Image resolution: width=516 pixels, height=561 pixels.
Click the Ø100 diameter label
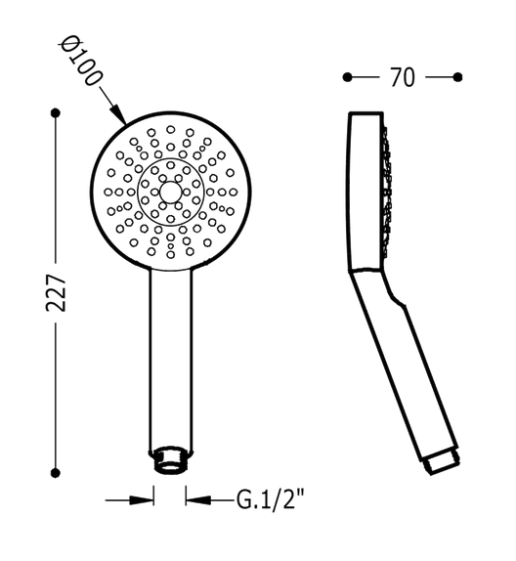[x=80, y=61]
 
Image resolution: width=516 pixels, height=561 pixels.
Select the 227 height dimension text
[x=56, y=292]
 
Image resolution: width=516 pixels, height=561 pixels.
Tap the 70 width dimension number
[x=403, y=77]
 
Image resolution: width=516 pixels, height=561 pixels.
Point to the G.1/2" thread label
[x=271, y=499]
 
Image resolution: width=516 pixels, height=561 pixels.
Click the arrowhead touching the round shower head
[x=119, y=114]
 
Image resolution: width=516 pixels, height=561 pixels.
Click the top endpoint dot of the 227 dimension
[x=56, y=113]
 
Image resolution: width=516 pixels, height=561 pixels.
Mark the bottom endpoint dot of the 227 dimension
[x=55, y=473]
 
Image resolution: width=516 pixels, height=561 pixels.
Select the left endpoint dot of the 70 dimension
[x=347, y=77]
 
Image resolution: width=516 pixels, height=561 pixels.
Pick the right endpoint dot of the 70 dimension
[x=457, y=77]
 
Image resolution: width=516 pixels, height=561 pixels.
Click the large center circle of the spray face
[x=170, y=192]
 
